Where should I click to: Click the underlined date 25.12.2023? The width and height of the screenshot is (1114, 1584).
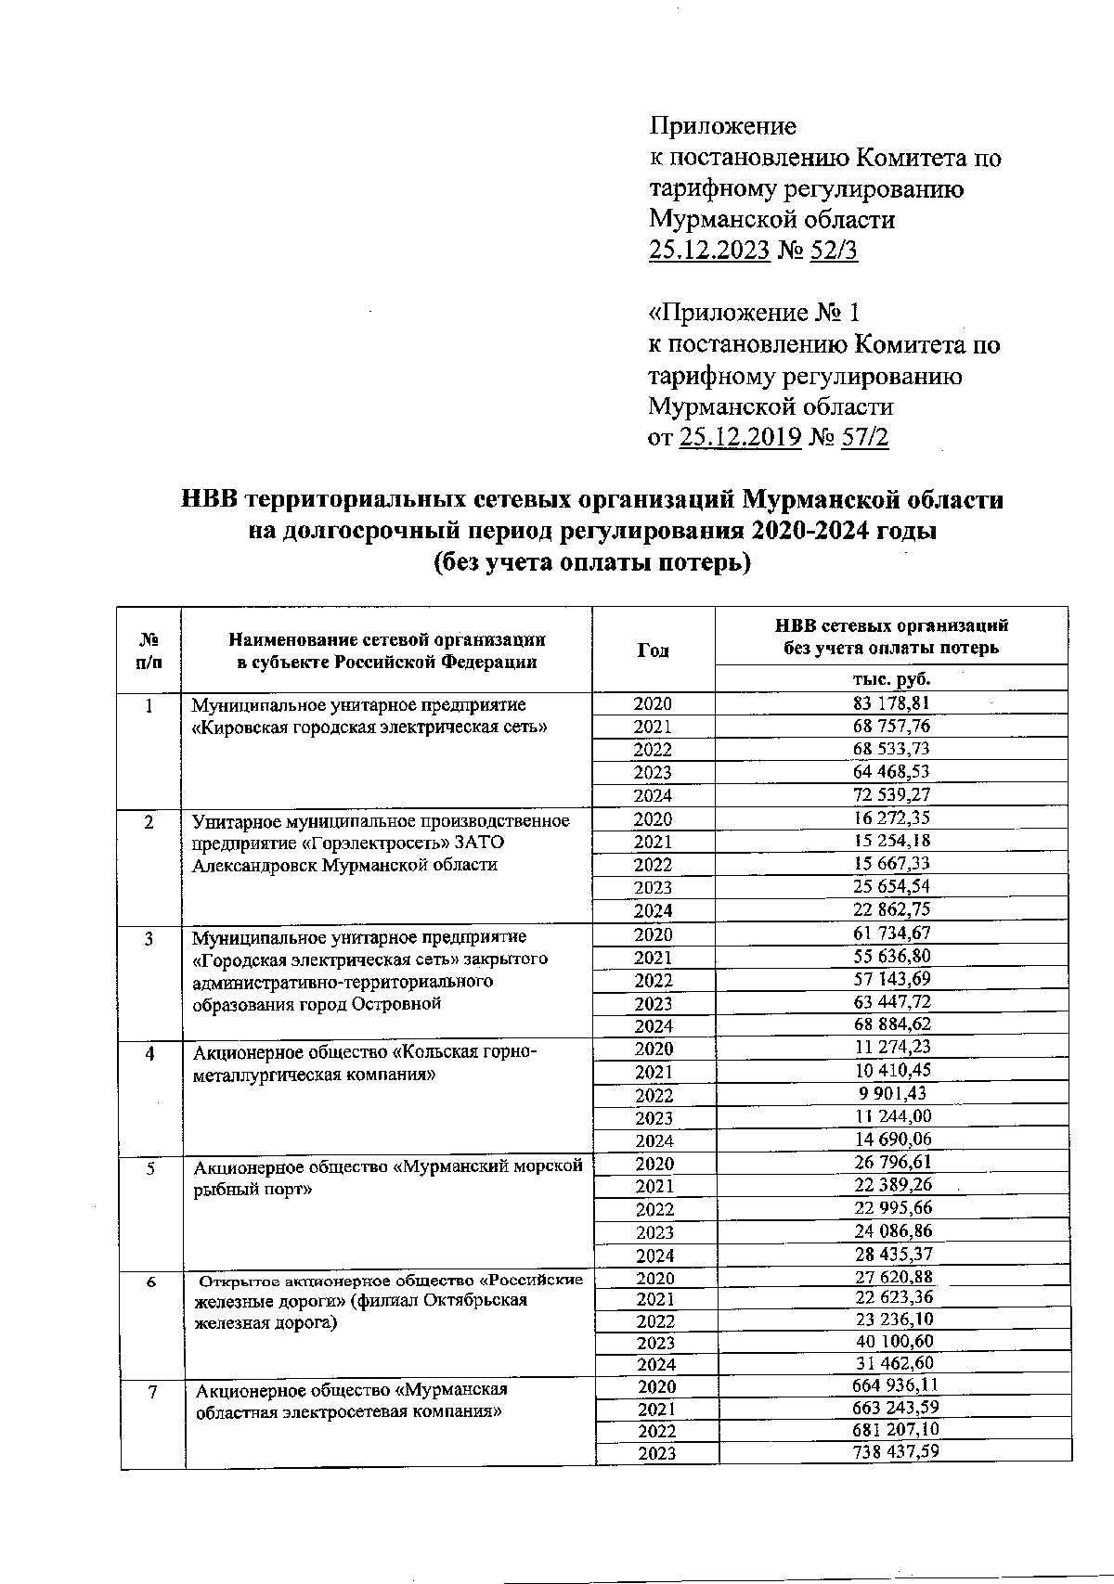pos(709,251)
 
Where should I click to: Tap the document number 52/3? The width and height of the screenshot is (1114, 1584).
pos(834,251)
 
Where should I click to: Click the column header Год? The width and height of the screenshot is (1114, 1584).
pos(653,650)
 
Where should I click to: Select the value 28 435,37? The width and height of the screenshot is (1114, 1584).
pos(893,1255)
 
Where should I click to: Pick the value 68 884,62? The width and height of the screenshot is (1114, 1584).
pos(893,1024)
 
